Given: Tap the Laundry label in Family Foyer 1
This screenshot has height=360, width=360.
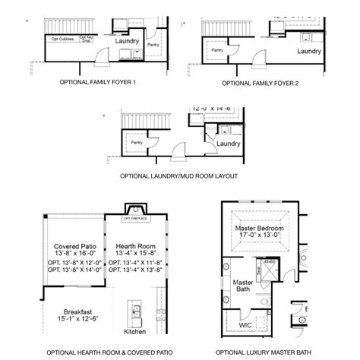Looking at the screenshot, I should point(126,40).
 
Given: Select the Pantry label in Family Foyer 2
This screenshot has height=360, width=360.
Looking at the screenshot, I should point(218,50).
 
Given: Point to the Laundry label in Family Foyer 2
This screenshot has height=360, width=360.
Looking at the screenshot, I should point(308,52).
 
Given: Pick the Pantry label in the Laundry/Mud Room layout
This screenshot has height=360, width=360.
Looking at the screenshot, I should point(137,142).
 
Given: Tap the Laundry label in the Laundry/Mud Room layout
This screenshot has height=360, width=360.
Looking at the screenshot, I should point(228,142).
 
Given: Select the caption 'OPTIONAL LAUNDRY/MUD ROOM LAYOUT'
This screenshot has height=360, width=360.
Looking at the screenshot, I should point(179,175).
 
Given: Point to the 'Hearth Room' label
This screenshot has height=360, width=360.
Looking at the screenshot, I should point(135,246).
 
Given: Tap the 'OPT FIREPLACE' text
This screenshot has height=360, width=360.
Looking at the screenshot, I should point(137,218).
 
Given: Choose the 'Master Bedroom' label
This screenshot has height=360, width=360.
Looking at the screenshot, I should point(258,228).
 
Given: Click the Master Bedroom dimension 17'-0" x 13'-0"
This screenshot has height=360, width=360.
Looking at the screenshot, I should point(258,236).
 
